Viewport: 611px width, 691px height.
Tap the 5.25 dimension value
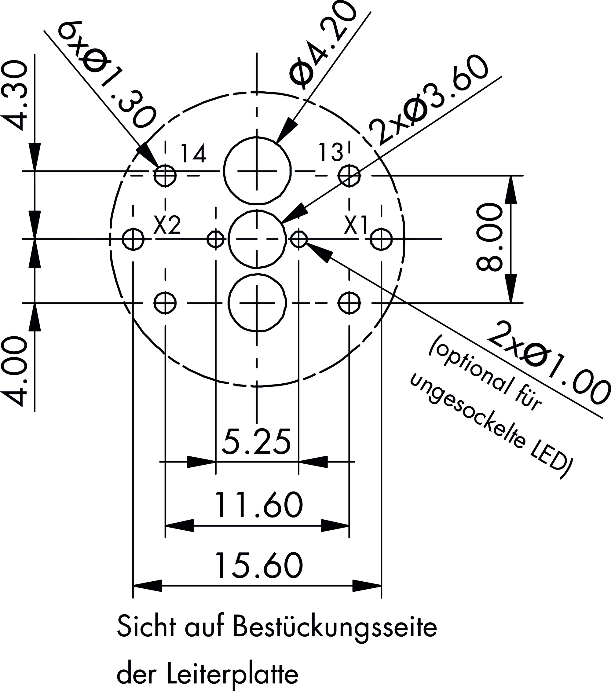click(x=256, y=442)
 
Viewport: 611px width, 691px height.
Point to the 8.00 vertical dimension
click(x=489, y=237)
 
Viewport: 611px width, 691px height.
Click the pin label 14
click(x=193, y=154)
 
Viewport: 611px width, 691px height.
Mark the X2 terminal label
click(x=167, y=225)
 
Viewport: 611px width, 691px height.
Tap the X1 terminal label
click(x=356, y=225)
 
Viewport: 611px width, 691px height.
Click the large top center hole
click(x=257, y=171)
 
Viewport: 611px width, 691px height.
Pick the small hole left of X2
click(x=133, y=239)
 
